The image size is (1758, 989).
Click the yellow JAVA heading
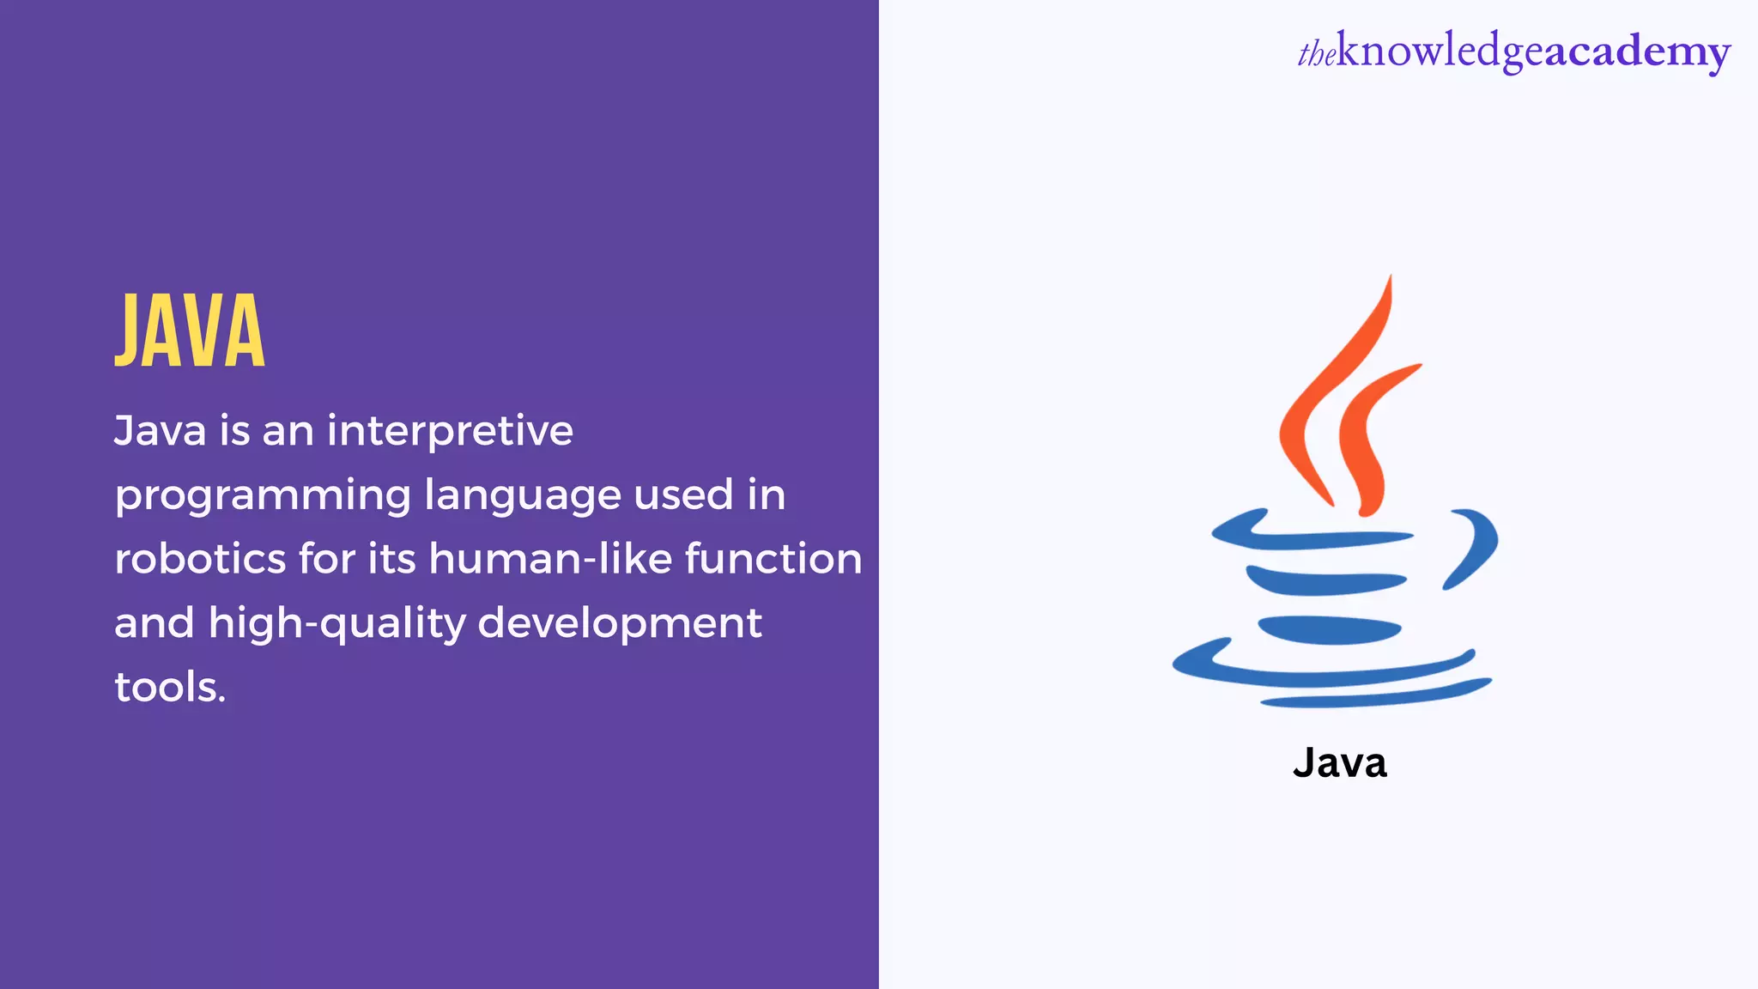pyautogui.click(x=190, y=331)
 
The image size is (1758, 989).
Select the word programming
pyautogui.click(x=263, y=496)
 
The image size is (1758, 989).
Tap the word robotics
pyautogui.click(x=200, y=559)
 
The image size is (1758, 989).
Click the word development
pyautogui.click(x=619, y=623)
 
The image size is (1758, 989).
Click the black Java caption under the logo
pyautogui.click(x=1339, y=763)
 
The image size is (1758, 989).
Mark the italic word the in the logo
pyautogui.click(x=1316, y=55)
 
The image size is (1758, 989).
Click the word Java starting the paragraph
pyautogui.click(x=160, y=431)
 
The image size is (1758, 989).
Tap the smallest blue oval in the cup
pyautogui.click(x=1329, y=630)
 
